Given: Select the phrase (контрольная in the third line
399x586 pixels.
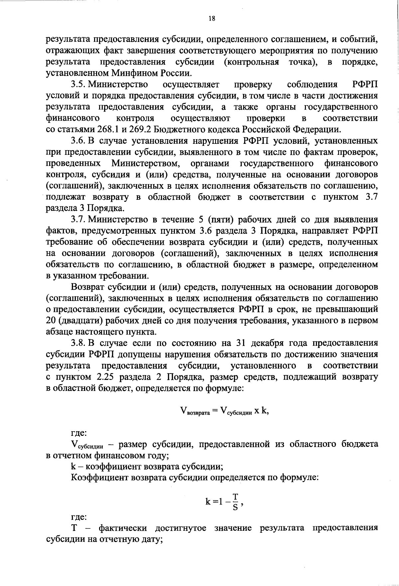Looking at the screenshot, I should click(x=251, y=62).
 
